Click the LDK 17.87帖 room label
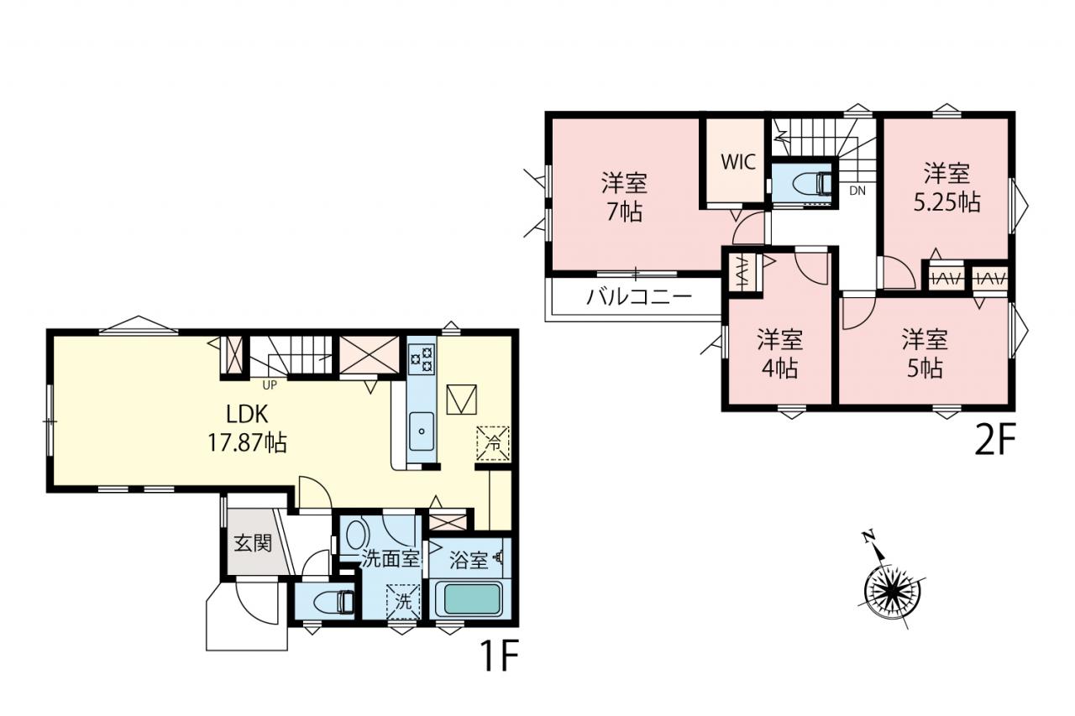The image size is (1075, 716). tap(247, 428)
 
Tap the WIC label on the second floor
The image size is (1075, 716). tap(738, 162)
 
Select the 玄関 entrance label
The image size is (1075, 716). tap(253, 543)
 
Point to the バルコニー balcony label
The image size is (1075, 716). tap(639, 297)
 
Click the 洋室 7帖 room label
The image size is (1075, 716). tap(624, 197)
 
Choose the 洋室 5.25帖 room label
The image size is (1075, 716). tap(947, 187)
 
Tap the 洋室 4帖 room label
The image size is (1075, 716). tap(780, 354)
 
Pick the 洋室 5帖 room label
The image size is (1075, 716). tap(925, 354)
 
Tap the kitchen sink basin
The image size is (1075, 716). tap(422, 431)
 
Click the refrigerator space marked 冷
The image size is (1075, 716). tap(493, 443)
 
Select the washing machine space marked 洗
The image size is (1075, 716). tap(403, 601)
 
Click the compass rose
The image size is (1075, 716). tap(892, 593)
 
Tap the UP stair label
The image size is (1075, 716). tap(270, 385)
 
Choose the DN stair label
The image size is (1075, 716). tap(857, 191)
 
